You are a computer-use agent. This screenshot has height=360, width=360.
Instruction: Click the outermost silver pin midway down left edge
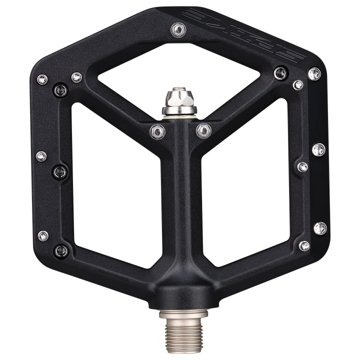[42, 156]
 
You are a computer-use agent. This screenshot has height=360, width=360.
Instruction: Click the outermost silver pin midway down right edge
[318, 148]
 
